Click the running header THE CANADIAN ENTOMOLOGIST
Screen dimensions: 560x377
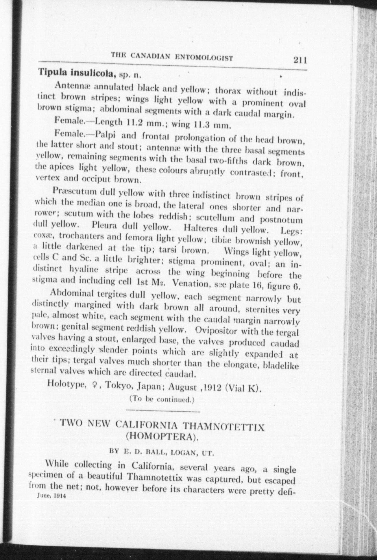click(172, 57)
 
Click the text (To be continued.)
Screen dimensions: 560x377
click(162, 400)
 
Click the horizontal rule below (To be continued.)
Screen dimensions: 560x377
click(163, 411)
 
